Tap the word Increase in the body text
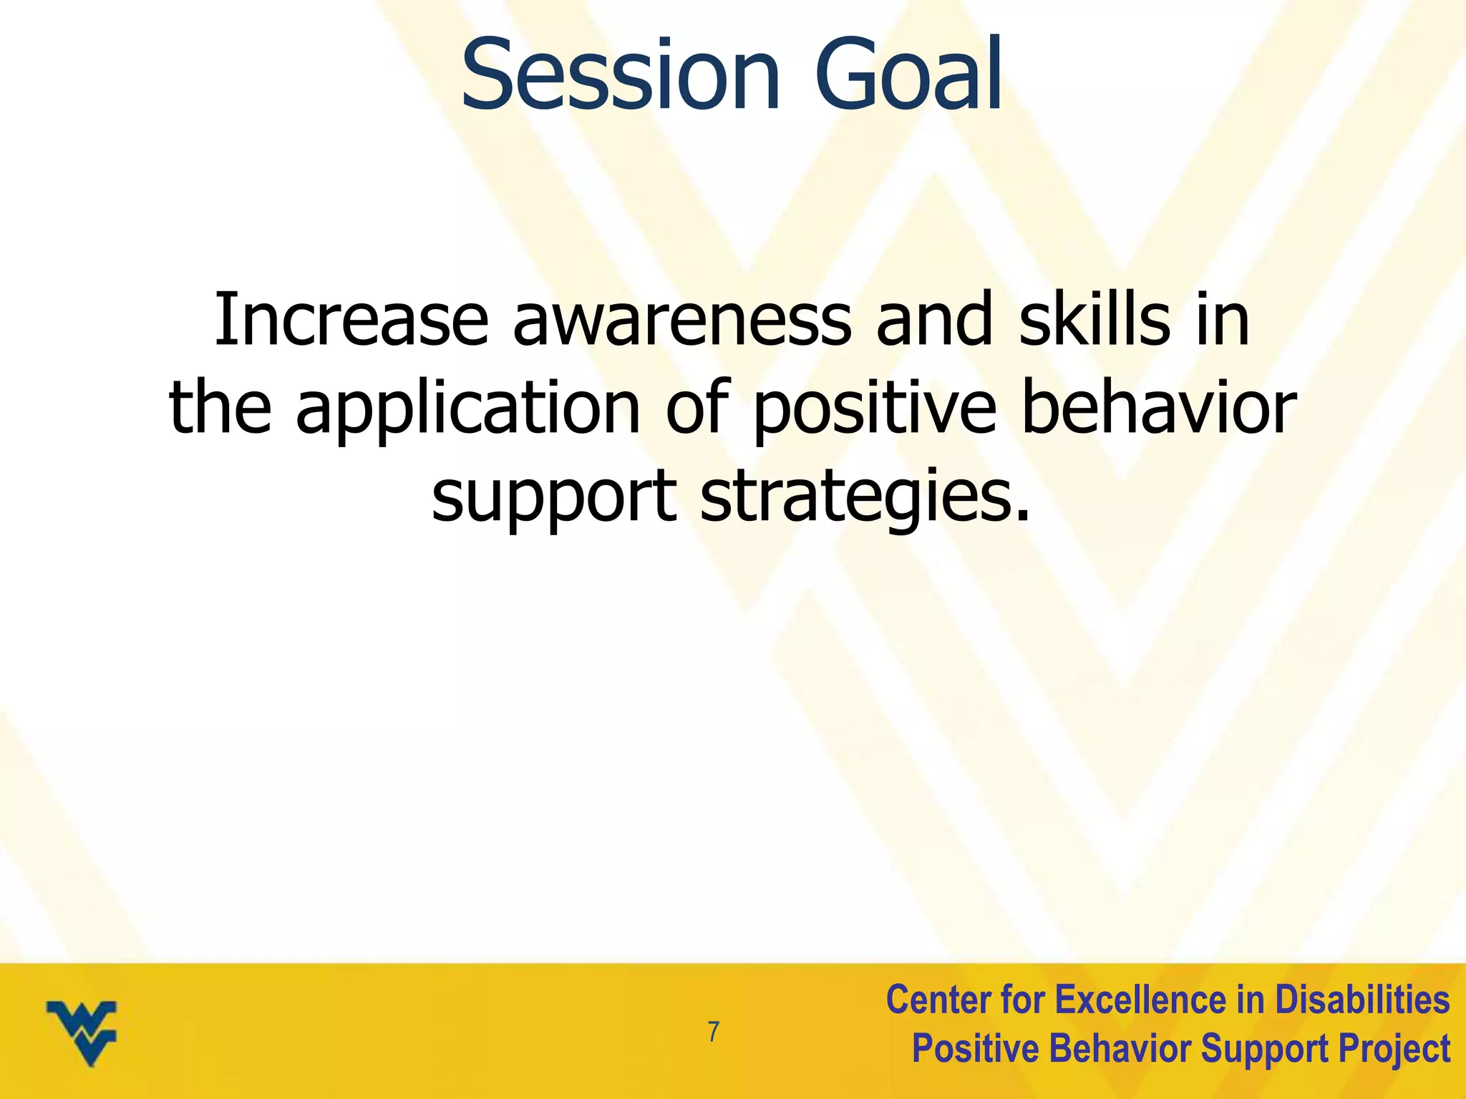351,320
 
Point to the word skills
1094,320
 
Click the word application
468,409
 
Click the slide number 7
713,1032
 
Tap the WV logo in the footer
82,1032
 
